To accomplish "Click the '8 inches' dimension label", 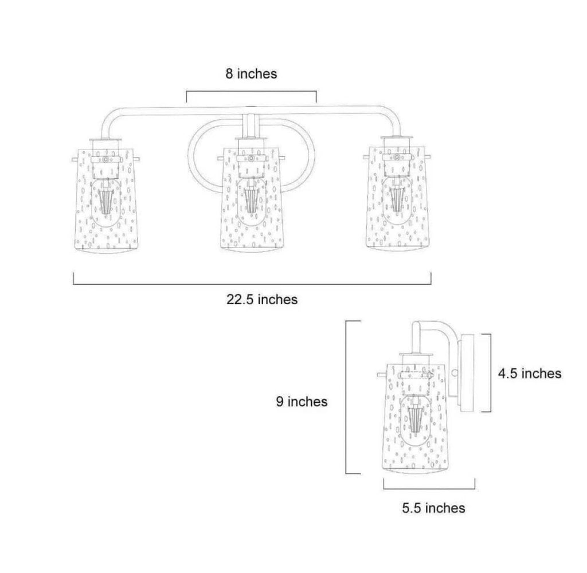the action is tap(251, 74).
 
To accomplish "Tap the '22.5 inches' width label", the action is tap(262, 300).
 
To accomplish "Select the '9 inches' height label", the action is tap(302, 402).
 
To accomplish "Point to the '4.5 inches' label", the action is tap(530, 374).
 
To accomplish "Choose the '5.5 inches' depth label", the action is tap(434, 508).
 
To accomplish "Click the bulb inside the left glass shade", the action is tap(106, 202).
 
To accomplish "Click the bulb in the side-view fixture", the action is tap(415, 420).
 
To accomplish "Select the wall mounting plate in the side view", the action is tap(468, 373).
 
